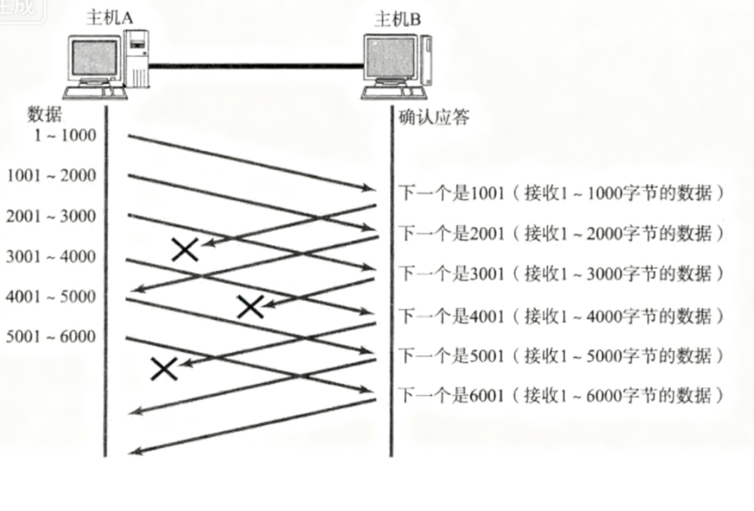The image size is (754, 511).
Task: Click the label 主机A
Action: [x=109, y=17]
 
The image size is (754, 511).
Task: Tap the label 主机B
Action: [x=397, y=19]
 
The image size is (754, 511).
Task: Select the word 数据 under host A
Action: [x=45, y=114]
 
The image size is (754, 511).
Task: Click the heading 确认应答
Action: [x=434, y=116]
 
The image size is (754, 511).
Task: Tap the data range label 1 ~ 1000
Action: [x=64, y=135]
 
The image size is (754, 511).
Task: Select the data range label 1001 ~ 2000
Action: [x=51, y=175]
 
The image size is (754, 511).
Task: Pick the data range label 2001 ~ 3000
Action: [x=51, y=216]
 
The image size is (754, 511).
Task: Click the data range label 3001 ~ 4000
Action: [x=51, y=257]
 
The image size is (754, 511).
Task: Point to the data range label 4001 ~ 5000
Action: [x=51, y=297]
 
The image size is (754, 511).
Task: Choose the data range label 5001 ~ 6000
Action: [x=51, y=337]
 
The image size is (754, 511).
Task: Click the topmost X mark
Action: [x=185, y=249]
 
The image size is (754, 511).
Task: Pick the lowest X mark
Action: [x=164, y=369]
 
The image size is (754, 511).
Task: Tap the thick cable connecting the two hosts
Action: [x=257, y=66]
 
